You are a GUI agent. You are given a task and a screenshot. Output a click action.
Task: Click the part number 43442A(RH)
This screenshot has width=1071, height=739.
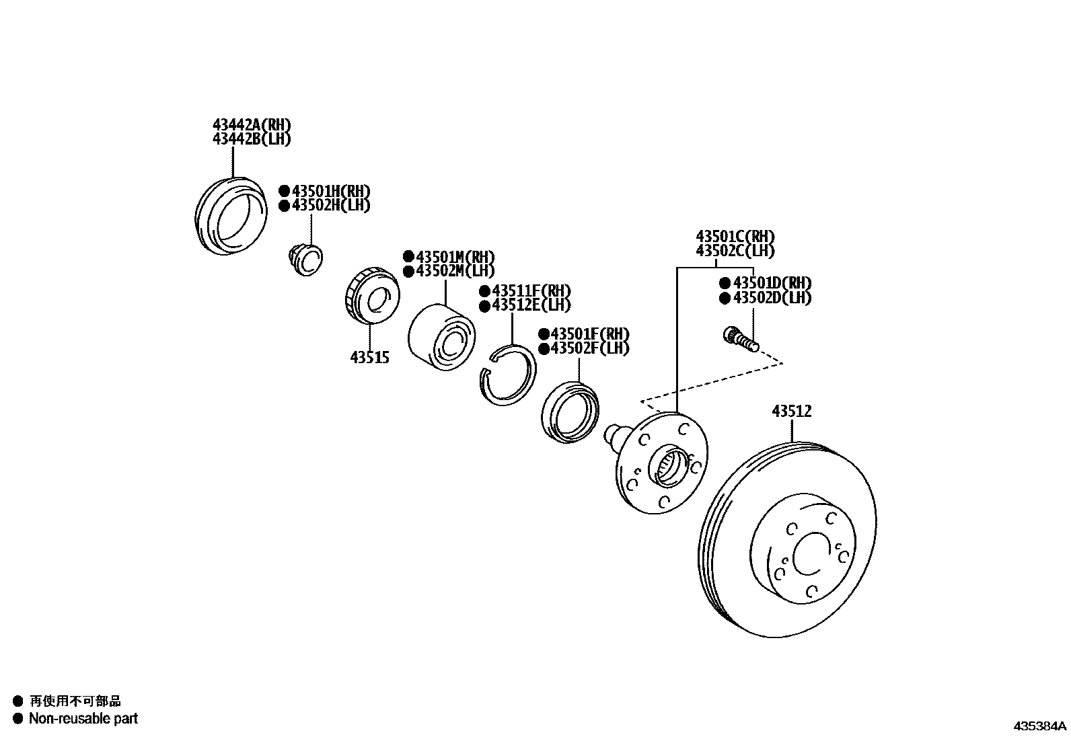pyautogui.click(x=252, y=125)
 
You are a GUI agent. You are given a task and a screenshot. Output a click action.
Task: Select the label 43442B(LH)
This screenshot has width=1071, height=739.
pyautogui.click(x=252, y=139)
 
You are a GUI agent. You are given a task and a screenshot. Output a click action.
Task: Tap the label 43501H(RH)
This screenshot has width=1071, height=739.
pyautogui.click(x=330, y=191)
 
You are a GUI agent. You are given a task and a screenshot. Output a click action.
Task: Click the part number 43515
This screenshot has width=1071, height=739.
pyautogui.click(x=369, y=358)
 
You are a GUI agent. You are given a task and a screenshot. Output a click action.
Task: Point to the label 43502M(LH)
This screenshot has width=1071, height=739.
pyautogui.click(x=455, y=271)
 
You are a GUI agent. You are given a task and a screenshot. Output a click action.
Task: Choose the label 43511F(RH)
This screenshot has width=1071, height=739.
pyautogui.click(x=531, y=291)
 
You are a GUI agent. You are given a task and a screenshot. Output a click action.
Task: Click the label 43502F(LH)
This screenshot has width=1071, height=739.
pyautogui.click(x=589, y=348)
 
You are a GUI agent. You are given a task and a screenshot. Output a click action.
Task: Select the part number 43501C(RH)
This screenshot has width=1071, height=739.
pyautogui.click(x=735, y=237)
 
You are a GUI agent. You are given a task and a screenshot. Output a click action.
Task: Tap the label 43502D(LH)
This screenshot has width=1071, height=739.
pyautogui.click(x=772, y=298)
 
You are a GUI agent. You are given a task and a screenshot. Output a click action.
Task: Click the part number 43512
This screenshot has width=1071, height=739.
pyautogui.click(x=792, y=411)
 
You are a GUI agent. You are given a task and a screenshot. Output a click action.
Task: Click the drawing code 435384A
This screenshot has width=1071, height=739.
pyautogui.click(x=1040, y=726)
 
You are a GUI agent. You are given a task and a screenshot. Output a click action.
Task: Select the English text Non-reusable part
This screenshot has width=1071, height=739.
pyautogui.click(x=83, y=718)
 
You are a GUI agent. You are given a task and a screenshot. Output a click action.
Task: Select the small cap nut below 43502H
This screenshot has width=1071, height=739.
pyautogui.click(x=305, y=259)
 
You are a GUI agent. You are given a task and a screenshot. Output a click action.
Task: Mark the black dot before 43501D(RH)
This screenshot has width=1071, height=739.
pyautogui.click(x=725, y=283)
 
